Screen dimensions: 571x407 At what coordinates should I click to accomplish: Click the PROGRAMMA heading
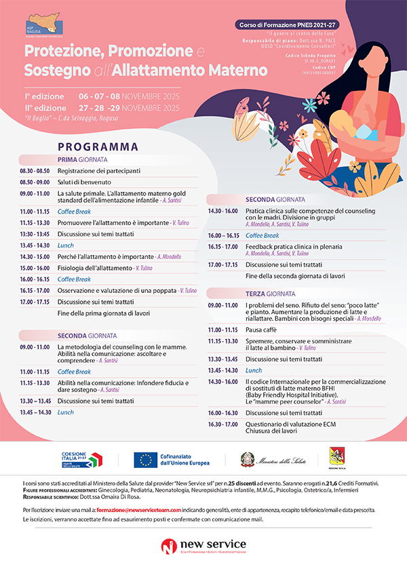[98, 146]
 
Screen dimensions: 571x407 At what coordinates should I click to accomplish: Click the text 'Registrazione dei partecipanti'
[99, 171]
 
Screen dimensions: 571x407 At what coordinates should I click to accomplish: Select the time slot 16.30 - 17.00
[223, 424]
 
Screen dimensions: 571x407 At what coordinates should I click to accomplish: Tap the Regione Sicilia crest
[336, 458]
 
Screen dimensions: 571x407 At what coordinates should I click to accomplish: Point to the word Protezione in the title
[60, 52]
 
